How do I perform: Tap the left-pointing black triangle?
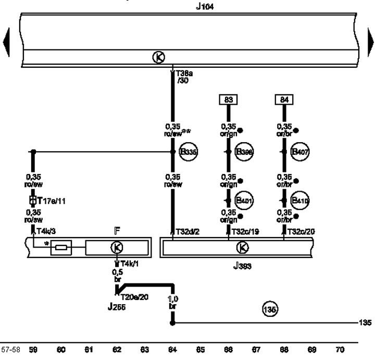pos(6,43)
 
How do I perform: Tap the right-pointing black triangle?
pos(370,43)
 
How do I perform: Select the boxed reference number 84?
pos(284,99)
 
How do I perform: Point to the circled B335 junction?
pos(187,152)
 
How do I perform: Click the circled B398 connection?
pos(243,152)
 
